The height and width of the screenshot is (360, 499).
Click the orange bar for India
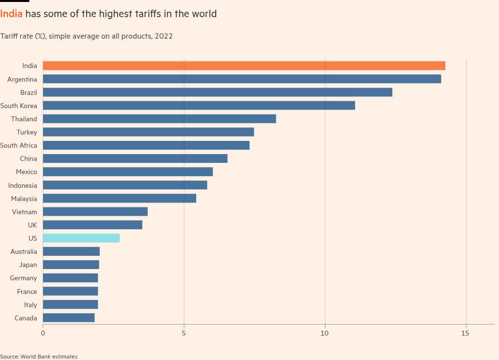pos(244,66)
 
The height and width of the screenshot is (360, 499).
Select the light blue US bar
pos(81,238)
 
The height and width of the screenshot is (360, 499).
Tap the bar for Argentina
pos(242,79)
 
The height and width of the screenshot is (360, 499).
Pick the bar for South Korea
pos(199,105)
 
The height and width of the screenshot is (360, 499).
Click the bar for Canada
pos(68,318)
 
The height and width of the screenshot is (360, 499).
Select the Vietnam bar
pos(95,212)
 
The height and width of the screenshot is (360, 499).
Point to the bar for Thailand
pos(159,119)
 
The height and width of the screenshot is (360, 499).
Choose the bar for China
pos(135,158)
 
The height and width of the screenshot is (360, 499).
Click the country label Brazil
pos(28,92)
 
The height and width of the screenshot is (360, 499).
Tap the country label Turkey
pos(26,132)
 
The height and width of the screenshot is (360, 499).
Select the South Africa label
pos(19,145)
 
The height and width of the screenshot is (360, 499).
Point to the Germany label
pos(23,278)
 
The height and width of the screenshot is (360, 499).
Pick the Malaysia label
pos(24,199)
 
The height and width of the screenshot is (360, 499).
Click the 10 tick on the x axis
pos(324,333)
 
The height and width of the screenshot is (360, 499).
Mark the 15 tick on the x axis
pos(465,333)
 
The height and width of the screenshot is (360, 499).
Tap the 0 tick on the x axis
pos(43,333)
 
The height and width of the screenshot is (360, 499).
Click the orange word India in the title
pos(11,14)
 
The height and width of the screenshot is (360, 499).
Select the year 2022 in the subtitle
pos(163,36)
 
